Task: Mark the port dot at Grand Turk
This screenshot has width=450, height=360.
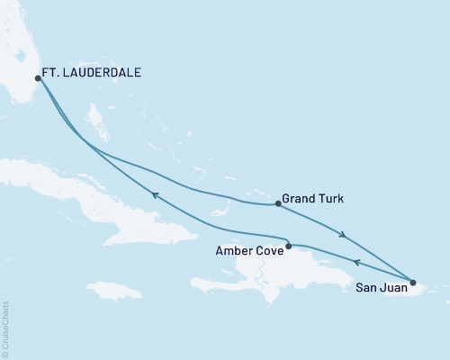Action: [277, 204]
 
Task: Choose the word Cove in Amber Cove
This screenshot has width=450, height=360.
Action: [270, 253]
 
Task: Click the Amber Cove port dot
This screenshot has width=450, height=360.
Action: [288, 246]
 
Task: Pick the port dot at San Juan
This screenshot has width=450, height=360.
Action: [413, 283]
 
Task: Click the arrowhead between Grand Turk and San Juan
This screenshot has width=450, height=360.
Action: [343, 236]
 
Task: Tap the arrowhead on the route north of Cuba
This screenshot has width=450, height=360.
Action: [155, 194]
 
